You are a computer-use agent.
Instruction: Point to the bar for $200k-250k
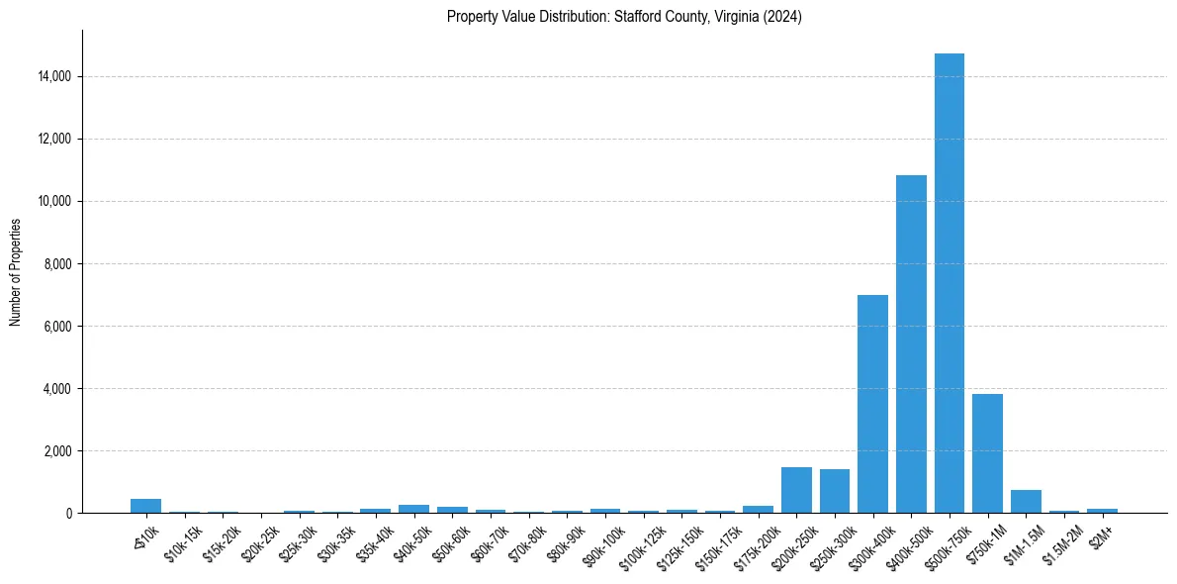796,490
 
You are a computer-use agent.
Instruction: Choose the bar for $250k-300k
835,491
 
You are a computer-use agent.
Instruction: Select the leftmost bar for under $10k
145,506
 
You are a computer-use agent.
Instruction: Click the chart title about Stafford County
624,17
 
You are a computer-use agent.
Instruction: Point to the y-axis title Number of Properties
16,271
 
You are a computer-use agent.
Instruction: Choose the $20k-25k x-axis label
261,540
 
